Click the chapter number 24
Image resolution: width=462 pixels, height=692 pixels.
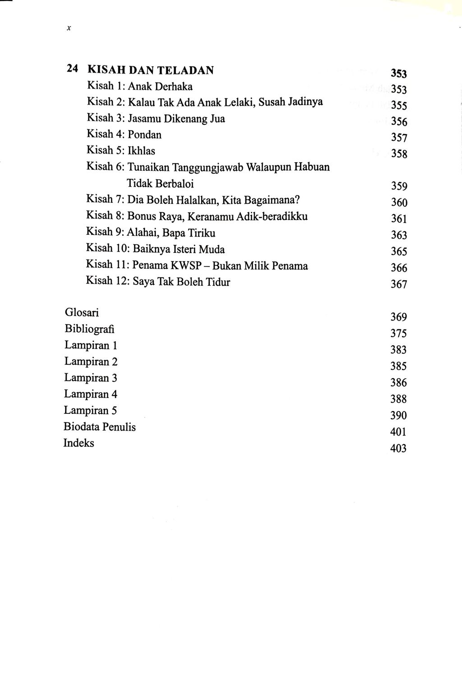pyautogui.click(x=73, y=69)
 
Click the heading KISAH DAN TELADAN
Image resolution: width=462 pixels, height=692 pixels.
pyautogui.click(x=150, y=70)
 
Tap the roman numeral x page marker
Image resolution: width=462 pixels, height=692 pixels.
pyautogui.click(x=69, y=28)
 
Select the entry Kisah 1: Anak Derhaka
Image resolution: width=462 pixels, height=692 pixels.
pyautogui.click(x=139, y=86)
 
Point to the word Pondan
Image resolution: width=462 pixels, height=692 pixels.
pyautogui.click(x=144, y=135)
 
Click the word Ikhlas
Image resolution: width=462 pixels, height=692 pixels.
pyautogui.click(x=141, y=151)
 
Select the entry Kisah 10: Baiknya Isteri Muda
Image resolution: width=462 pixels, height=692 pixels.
pyautogui.click(x=155, y=249)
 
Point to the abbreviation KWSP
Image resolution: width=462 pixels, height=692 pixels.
pyautogui.click(x=186, y=266)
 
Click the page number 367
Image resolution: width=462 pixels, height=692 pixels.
pyautogui.click(x=399, y=284)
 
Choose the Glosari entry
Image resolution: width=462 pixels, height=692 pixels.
pyautogui.click(x=82, y=312)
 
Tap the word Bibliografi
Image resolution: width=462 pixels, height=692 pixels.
pyautogui.click(x=89, y=329)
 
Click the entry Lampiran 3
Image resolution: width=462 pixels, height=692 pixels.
pyautogui.click(x=91, y=378)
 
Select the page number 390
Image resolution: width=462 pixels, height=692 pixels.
pyautogui.click(x=398, y=416)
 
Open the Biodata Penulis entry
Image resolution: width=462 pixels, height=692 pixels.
pyautogui.click(x=100, y=427)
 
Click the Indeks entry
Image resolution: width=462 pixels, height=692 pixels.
pyautogui.click(x=79, y=443)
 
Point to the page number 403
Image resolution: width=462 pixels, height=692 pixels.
pyautogui.click(x=398, y=449)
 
